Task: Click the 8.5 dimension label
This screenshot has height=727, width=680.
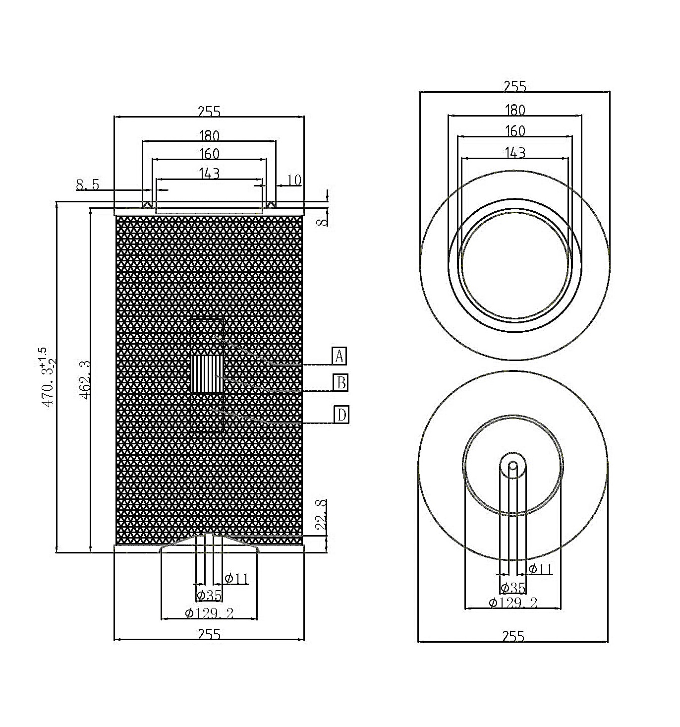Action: pos(87,184)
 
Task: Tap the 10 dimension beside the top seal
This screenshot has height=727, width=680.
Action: pos(294,180)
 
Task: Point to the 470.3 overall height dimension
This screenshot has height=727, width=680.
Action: pos(48,377)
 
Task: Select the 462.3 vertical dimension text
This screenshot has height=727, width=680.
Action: pos(85,379)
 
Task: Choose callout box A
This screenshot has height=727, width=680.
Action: pos(339,356)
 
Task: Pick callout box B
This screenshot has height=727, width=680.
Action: pos(340,382)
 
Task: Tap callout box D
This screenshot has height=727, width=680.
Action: pos(341,415)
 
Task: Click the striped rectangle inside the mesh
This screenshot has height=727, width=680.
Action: pos(208,375)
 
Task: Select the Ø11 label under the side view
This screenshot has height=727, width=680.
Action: pos(236,579)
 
